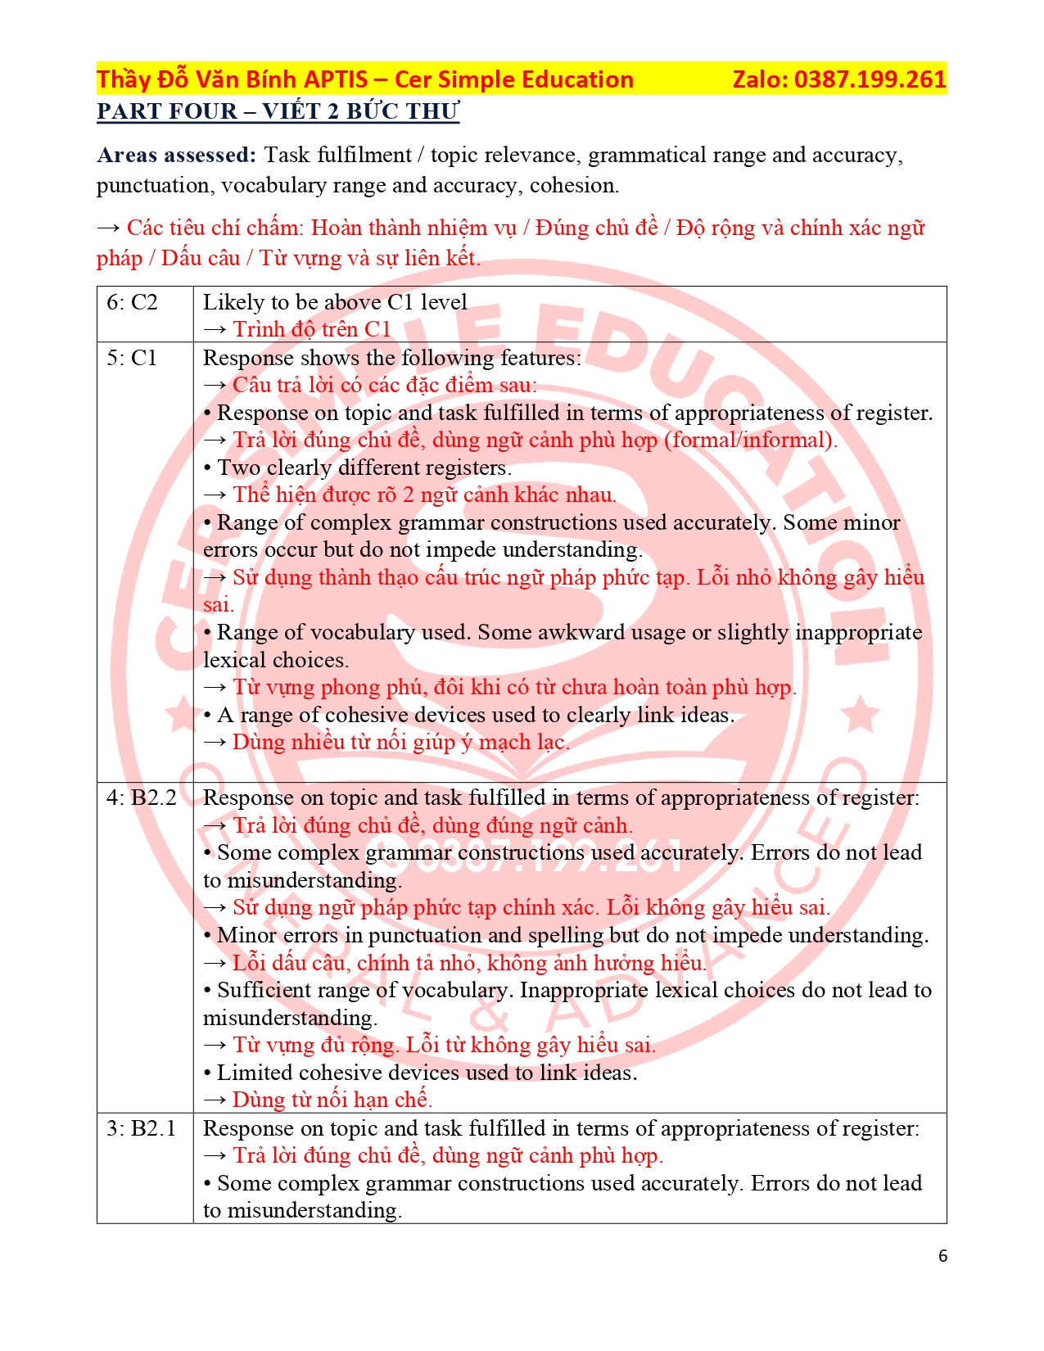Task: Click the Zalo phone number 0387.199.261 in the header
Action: coord(870,79)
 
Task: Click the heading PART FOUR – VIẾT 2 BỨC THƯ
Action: coord(278,111)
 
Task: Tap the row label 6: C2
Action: coord(132,302)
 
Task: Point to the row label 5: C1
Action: coord(132,358)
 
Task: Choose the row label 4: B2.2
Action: coord(142,797)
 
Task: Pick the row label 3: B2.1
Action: coord(142,1128)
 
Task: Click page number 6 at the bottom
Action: coord(942,1256)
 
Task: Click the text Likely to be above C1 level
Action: coord(335,302)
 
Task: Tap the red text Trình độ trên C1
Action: coord(312,329)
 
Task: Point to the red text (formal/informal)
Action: coord(750,440)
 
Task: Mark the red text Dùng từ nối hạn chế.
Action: coord(332,1100)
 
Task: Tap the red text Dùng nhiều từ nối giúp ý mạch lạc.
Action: coord(400,742)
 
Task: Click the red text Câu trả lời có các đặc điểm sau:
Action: coord(385,385)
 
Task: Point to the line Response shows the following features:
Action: coord(392,358)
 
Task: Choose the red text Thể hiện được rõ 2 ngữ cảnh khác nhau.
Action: coord(424,495)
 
